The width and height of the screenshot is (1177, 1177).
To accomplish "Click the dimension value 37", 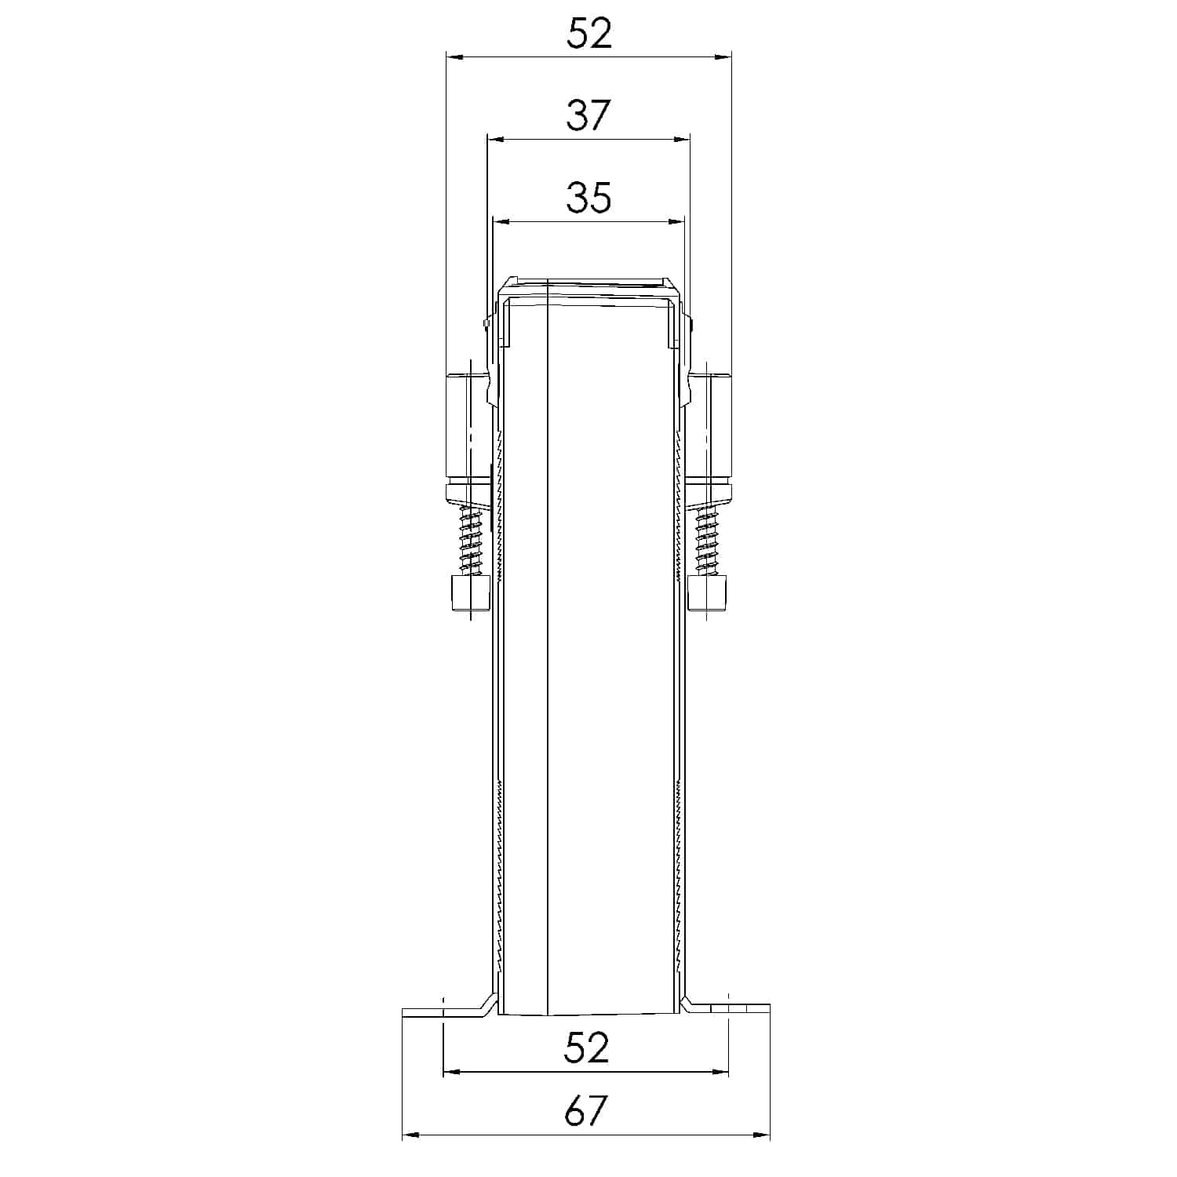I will tap(588, 115).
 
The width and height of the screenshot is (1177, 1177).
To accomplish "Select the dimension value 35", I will tap(588, 198).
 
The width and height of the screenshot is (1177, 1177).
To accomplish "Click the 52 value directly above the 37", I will tap(589, 35).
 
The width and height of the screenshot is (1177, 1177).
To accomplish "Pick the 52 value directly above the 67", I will tap(586, 1048).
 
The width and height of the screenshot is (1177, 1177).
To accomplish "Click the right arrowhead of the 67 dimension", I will tap(763, 1135).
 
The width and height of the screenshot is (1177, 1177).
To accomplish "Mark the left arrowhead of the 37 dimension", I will tap(494, 140).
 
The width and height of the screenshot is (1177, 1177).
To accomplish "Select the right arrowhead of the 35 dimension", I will tap(677, 222).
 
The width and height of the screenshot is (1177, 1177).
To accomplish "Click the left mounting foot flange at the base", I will tap(443, 1011).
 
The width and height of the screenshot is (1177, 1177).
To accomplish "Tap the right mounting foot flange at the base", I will tap(730, 1011).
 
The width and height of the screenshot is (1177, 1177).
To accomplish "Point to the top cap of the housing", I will tap(588, 287).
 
